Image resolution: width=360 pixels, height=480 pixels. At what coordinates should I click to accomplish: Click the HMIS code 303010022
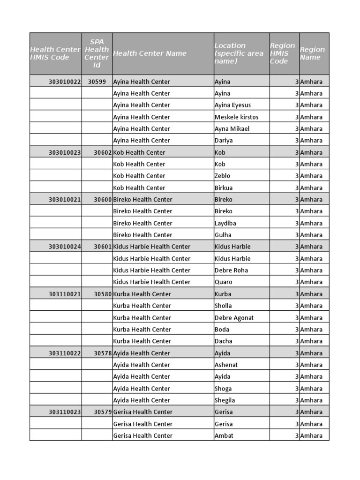pos(65,82)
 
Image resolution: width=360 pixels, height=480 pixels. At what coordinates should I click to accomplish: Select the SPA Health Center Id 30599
pos(97,82)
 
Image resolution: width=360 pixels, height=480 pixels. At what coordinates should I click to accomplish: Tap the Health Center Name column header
pos(150,53)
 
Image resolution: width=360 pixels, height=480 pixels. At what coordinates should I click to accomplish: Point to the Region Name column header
pos(312,53)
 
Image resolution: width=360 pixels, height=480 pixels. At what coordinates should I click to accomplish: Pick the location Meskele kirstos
pos(236,117)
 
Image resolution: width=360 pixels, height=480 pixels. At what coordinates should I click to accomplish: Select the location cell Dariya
pos(224,141)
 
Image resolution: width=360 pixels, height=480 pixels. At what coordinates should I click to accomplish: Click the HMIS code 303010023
pos(65,152)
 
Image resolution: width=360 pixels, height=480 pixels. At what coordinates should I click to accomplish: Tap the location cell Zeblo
pos(222,176)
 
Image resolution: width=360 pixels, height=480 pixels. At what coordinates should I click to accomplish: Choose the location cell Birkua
pos(224,188)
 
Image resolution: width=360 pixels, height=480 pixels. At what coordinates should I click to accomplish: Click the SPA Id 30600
pos(103,200)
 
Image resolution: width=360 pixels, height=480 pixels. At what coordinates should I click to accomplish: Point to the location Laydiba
pos(225,223)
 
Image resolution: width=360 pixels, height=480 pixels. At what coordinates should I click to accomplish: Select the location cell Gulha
pos(223,235)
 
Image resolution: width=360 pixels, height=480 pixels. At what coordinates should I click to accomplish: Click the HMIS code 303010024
pos(65,247)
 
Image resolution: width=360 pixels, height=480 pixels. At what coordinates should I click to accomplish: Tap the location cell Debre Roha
pos(231,270)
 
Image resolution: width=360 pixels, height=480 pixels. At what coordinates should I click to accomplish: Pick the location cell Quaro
pos(223,282)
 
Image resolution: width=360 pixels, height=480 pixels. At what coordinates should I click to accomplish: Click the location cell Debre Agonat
pos(234,318)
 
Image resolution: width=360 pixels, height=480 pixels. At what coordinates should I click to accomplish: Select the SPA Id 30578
pos(103,353)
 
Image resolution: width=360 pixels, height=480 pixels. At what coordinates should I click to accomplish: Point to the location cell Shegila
pos(225,400)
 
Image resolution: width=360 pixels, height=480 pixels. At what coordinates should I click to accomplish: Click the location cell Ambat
pos(224,436)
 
